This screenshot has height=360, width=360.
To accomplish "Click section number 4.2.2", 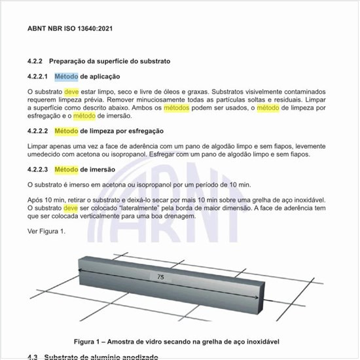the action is click(x=35, y=61).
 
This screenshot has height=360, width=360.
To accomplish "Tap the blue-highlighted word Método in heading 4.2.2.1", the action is click(x=66, y=77).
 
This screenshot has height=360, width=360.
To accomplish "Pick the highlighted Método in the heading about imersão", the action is click(x=66, y=170).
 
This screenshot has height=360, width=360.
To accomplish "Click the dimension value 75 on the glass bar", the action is click(x=161, y=278).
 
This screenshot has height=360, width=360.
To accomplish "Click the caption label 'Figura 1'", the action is click(x=88, y=341).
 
